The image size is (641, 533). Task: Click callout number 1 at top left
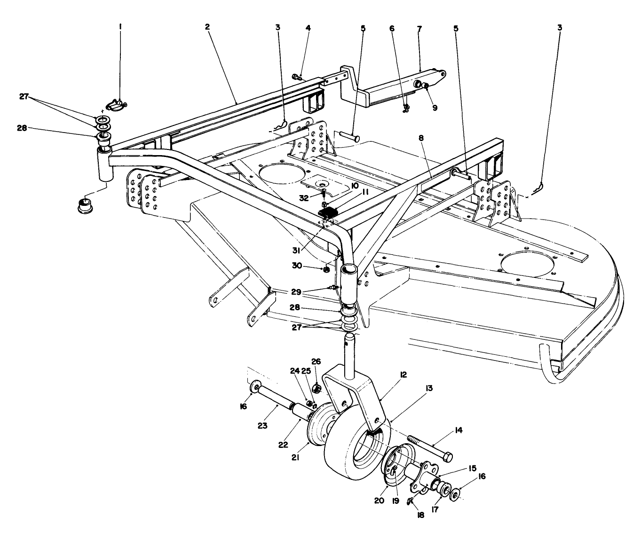(x=120, y=28)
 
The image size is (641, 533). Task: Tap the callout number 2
(x=207, y=28)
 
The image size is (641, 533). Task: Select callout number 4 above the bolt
(x=308, y=28)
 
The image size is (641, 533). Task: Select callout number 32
(x=304, y=198)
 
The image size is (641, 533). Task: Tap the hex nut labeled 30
(x=325, y=269)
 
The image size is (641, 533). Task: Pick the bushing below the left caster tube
(x=84, y=205)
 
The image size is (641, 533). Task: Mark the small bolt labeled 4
(x=297, y=76)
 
